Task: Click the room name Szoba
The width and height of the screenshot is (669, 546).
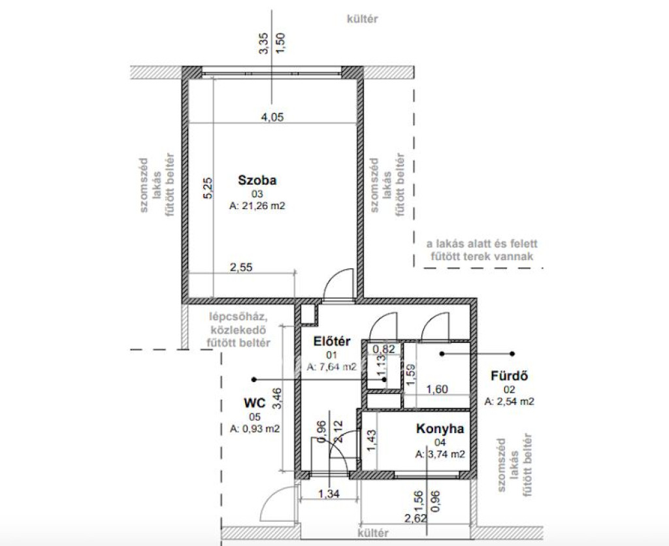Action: point(257,180)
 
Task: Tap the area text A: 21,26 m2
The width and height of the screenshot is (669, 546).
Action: point(257,206)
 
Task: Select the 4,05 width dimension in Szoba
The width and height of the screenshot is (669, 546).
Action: point(272,117)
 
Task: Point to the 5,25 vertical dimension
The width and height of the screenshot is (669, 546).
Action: point(208,188)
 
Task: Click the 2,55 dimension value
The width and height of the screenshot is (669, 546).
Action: point(241,268)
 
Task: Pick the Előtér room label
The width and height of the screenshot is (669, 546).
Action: point(332,341)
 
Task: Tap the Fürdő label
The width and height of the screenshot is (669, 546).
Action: point(510,376)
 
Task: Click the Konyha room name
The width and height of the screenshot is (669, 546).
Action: point(440,428)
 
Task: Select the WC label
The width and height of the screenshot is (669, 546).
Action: point(255,403)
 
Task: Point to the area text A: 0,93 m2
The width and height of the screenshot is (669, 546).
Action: point(255,429)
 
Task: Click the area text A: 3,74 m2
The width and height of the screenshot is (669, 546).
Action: point(440,455)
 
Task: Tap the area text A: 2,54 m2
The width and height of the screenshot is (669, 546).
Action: point(510,402)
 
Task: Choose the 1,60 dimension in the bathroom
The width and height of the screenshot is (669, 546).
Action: point(437,389)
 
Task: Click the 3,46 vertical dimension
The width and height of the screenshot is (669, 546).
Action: point(277,398)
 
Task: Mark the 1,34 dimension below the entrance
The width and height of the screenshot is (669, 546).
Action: point(329,494)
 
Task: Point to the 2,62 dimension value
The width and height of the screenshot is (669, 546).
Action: point(415,518)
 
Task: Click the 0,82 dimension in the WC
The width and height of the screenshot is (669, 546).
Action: point(384,349)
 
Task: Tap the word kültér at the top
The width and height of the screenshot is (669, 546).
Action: point(362,19)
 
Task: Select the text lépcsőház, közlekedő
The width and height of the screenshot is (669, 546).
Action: point(238,324)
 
